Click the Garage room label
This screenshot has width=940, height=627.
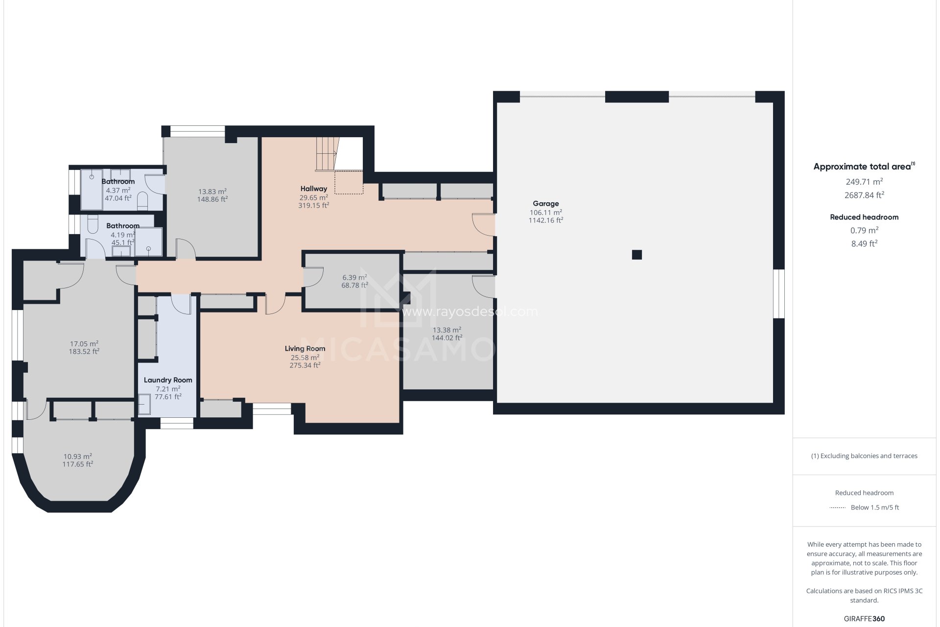pyautogui.click(x=545, y=204)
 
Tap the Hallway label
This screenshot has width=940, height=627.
pyautogui.click(x=314, y=189)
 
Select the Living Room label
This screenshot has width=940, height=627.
pyautogui.click(x=305, y=349)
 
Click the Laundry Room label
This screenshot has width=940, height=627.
pyautogui.click(x=168, y=380)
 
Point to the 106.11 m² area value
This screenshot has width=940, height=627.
pyautogui.click(x=545, y=213)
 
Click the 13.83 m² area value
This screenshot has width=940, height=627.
pyautogui.click(x=212, y=192)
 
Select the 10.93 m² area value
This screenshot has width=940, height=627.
pyautogui.click(x=77, y=457)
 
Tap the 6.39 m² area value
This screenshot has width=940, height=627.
pyautogui.click(x=354, y=277)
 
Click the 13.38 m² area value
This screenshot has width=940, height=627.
pyautogui.click(x=446, y=330)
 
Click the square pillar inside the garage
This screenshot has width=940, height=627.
pyautogui.click(x=636, y=255)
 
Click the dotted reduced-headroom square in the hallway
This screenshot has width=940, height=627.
pyautogui.click(x=349, y=182)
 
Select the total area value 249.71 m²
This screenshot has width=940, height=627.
pyautogui.click(x=864, y=182)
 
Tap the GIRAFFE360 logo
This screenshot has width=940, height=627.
pyautogui.click(x=864, y=619)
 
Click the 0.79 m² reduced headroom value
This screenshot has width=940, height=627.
pyautogui.click(x=864, y=230)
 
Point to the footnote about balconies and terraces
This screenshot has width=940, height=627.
pyautogui.click(x=864, y=456)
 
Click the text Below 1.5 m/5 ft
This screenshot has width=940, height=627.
pyautogui.click(x=874, y=507)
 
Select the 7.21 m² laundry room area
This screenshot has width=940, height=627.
pyautogui.click(x=168, y=389)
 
